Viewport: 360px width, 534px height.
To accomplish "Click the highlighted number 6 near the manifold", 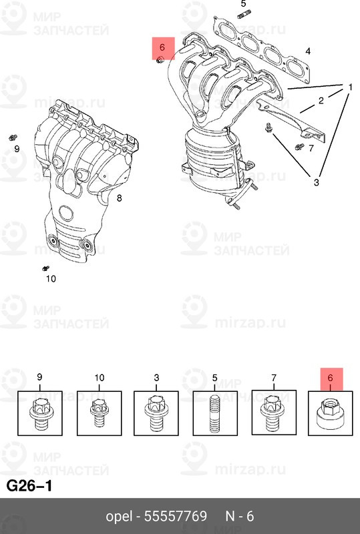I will click(x=162, y=47).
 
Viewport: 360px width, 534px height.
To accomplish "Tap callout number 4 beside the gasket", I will click(x=308, y=51).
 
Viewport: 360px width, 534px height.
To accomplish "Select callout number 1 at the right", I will click(x=349, y=87).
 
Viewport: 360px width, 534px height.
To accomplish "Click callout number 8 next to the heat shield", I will click(x=119, y=198).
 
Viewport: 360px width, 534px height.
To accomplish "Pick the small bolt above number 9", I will click(x=13, y=137).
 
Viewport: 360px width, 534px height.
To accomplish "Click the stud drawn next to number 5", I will click(x=244, y=15).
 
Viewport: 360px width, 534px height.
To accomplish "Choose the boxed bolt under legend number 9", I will click(x=39, y=413).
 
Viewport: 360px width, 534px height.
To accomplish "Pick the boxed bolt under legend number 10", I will click(x=99, y=413).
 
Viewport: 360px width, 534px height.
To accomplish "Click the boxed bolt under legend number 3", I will click(x=156, y=413).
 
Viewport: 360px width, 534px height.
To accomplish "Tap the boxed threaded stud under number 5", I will click(x=215, y=413).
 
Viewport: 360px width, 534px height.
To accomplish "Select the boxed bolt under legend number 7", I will click(x=273, y=413).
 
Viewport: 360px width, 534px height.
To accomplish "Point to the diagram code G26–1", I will click(x=29, y=485).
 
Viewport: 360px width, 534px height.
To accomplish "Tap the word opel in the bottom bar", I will click(x=120, y=517).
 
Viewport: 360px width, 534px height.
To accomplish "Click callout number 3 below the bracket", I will click(x=317, y=182).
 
